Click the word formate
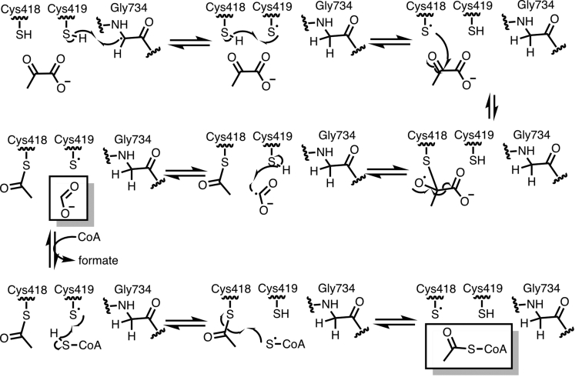coord(98,261)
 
